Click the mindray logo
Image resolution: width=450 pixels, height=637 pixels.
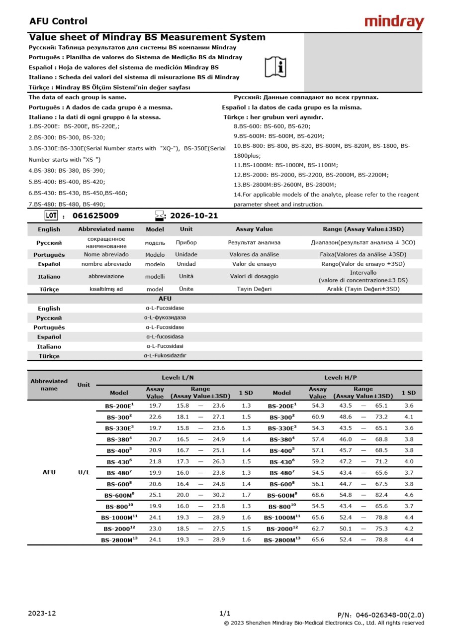[394, 22]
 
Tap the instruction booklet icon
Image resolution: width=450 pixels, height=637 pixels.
[275, 67]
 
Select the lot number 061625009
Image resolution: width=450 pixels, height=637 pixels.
[95, 216]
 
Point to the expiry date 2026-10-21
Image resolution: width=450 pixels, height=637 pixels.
[194, 216]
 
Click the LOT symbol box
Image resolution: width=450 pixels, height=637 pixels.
[51, 215]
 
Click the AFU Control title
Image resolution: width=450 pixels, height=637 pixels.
[58, 21]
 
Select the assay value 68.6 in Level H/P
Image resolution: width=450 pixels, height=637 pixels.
[318, 495]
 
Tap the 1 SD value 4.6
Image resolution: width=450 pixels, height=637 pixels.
[409, 495]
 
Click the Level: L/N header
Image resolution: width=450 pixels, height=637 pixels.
[178, 378]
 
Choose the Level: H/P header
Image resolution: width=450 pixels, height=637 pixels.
[341, 378]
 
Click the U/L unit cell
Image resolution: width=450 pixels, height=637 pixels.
[84, 472]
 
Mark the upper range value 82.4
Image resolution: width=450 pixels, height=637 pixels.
[381, 495]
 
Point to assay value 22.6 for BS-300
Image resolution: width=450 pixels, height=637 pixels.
[155, 417]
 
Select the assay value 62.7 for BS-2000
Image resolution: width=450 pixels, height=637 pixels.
[318, 529]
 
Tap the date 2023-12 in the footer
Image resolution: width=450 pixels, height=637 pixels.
[42, 613]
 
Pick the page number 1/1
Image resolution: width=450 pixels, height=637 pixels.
[225, 613]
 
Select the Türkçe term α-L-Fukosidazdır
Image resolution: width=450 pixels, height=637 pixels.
[165, 356]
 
